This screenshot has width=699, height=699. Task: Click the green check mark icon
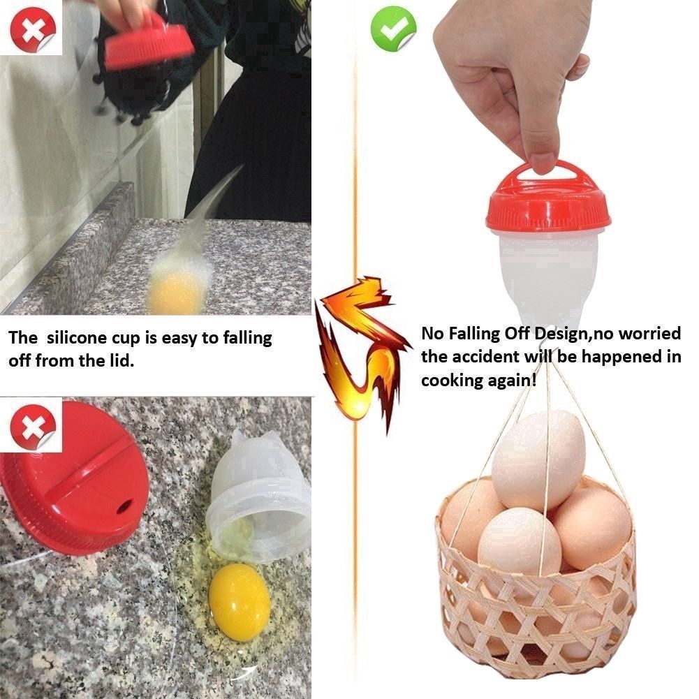(x=393, y=29)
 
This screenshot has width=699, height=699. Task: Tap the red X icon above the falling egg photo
(x=34, y=29)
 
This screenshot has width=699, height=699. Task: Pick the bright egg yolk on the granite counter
(x=239, y=602)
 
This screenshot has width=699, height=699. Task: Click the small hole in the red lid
(x=124, y=506)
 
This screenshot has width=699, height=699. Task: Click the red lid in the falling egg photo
(x=148, y=44)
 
